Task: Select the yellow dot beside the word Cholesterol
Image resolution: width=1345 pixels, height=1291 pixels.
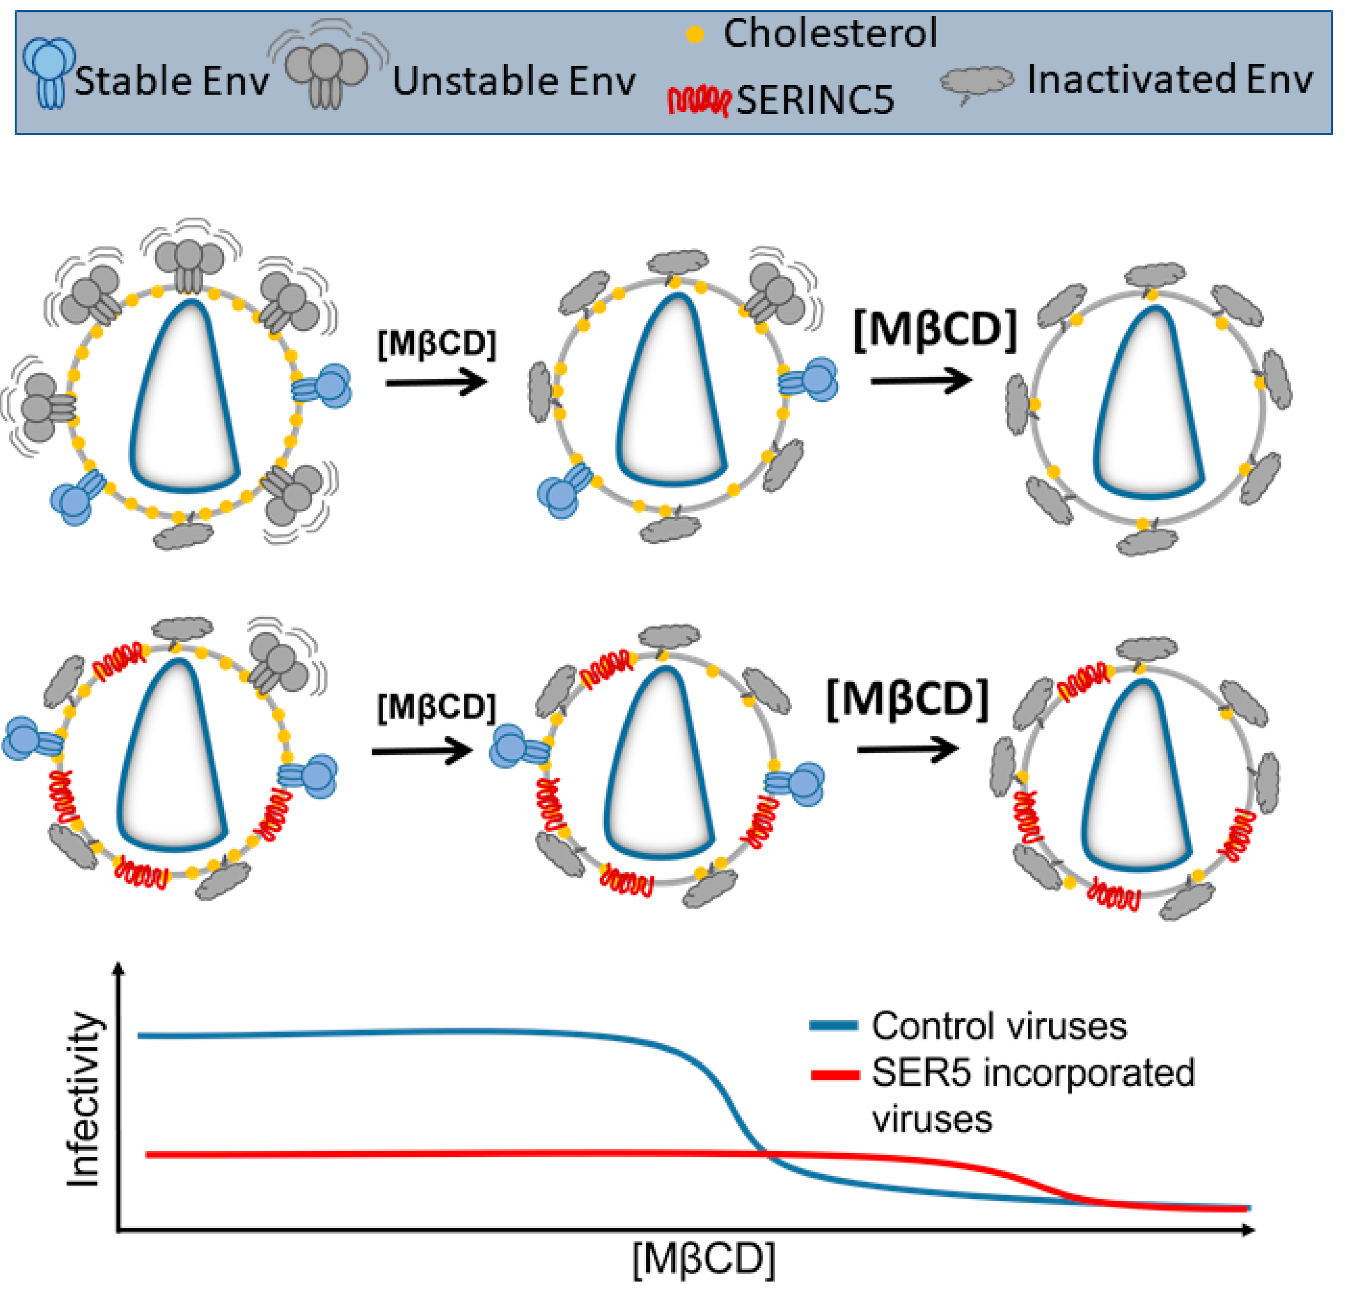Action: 695,34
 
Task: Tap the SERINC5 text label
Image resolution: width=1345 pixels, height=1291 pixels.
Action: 815,100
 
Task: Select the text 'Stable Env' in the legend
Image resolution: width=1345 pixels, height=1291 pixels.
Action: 171,81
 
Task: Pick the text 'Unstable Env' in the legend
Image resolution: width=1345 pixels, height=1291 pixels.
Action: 513,81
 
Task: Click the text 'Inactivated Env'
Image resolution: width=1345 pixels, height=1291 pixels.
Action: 1169,80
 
